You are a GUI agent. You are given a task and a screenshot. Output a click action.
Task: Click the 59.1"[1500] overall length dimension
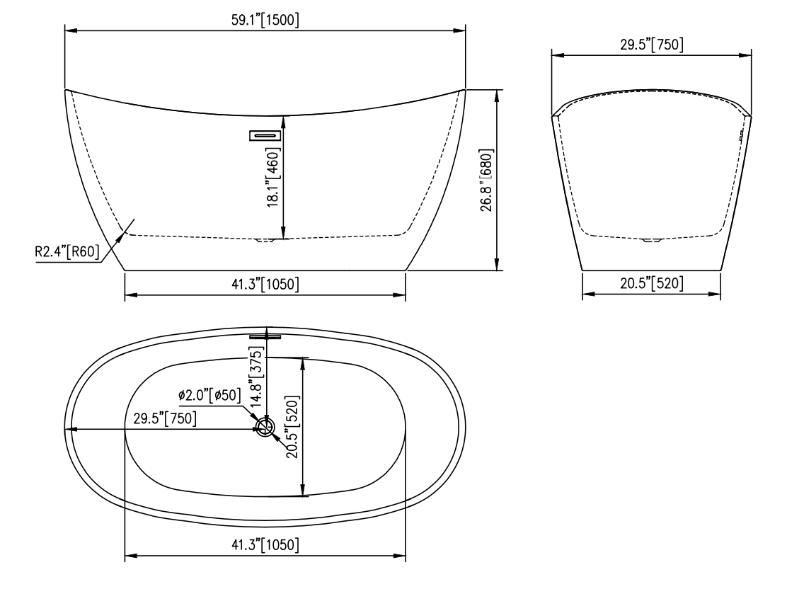coord(265,21)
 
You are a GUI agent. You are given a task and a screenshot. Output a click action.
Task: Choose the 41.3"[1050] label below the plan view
coord(265,546)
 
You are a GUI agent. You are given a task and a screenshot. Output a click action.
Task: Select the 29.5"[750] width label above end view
coord(651,45)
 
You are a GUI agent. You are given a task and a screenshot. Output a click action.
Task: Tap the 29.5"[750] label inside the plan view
coord(165,418)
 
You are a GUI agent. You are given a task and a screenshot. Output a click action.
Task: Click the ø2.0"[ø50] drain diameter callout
coord(210,395)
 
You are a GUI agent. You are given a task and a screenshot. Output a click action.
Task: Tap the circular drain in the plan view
coord(265,427)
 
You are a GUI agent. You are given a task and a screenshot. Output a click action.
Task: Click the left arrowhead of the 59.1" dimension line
coord(69,30)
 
